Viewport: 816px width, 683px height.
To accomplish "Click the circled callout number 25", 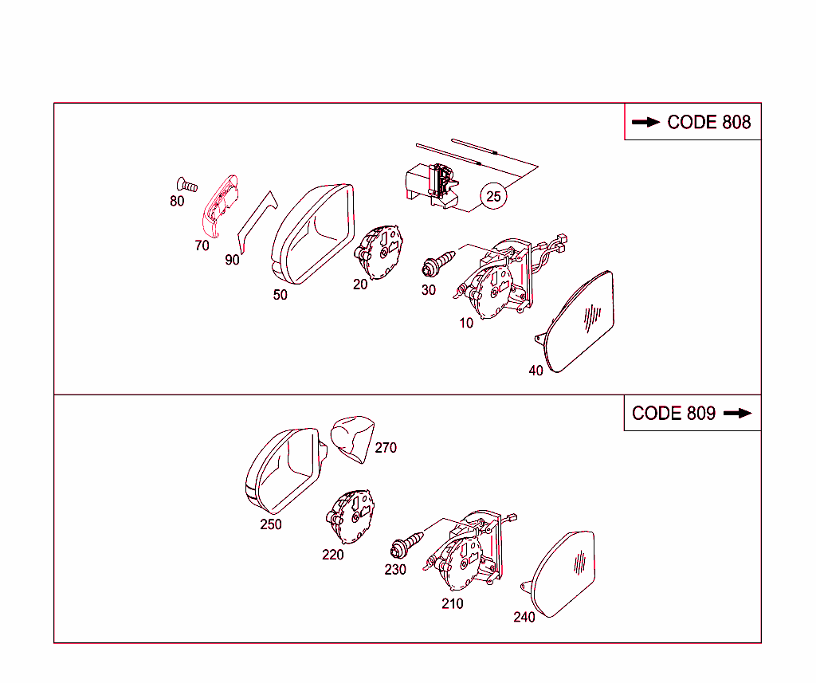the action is [x=492, y=196].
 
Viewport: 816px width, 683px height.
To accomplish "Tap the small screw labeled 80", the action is [x=186, y=185].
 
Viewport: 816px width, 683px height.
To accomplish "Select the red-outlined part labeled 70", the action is [x=220, y=206].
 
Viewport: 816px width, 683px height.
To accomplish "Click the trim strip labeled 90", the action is [x=257, y=222].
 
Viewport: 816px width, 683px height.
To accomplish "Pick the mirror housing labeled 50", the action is [x=313, y=234].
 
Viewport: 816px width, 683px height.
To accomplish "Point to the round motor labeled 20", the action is [x=379, y=253].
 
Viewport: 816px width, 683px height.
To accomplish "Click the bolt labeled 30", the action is [x=438, y=264].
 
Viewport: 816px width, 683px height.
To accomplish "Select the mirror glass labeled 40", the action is [x=578, y=322].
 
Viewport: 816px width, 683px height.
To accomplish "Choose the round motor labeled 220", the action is [x=351, y=517].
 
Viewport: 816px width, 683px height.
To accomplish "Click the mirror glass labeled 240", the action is [x=559, y=574].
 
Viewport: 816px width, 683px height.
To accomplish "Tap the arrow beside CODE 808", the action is [x=645, y=123].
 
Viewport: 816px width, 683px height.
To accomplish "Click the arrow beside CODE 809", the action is [x=738, y=414].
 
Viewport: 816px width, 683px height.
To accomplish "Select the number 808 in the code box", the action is [x=736, y=123].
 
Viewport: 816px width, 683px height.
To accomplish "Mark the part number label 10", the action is [x=466, y=324].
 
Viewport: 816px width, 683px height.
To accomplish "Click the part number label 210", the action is [x=453, y=604].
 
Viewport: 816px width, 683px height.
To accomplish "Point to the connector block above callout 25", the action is [x=432, y=185].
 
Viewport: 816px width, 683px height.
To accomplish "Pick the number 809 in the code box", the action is [x=701, y=414].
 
